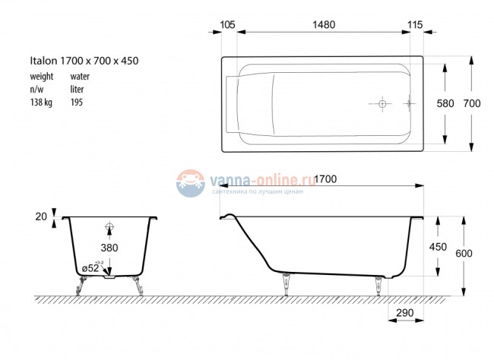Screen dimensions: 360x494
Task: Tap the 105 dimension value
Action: click(226, 25)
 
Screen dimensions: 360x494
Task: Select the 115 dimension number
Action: click(414, 25)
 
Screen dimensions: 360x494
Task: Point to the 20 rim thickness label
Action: click(42, 217)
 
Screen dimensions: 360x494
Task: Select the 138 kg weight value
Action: click(43, 99)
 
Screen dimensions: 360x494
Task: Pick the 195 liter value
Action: click(77, 99)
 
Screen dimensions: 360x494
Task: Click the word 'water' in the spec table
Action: click(80, 77)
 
